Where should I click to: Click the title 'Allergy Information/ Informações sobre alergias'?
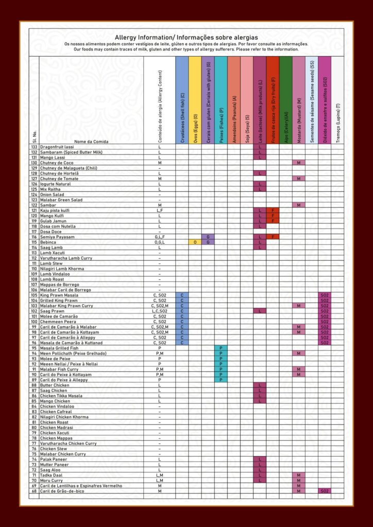(186, 38)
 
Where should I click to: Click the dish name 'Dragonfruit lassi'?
(57, 147)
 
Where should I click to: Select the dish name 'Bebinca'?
(49, 242)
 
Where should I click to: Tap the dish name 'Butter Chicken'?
(55, 385)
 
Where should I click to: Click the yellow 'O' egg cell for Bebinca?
(195, 242)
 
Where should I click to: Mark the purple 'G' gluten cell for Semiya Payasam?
(208, 237)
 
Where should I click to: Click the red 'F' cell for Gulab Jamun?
(273, 221)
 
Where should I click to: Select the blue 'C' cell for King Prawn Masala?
(182, 295)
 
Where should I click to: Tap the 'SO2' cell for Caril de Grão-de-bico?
(325, 491)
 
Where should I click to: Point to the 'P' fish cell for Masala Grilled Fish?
(221, 348)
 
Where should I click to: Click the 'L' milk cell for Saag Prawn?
(260, 311)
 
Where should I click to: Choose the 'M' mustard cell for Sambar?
(299, 205)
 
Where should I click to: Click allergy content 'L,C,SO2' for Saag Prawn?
(160, 311)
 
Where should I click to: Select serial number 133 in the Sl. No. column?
(34, 147)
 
